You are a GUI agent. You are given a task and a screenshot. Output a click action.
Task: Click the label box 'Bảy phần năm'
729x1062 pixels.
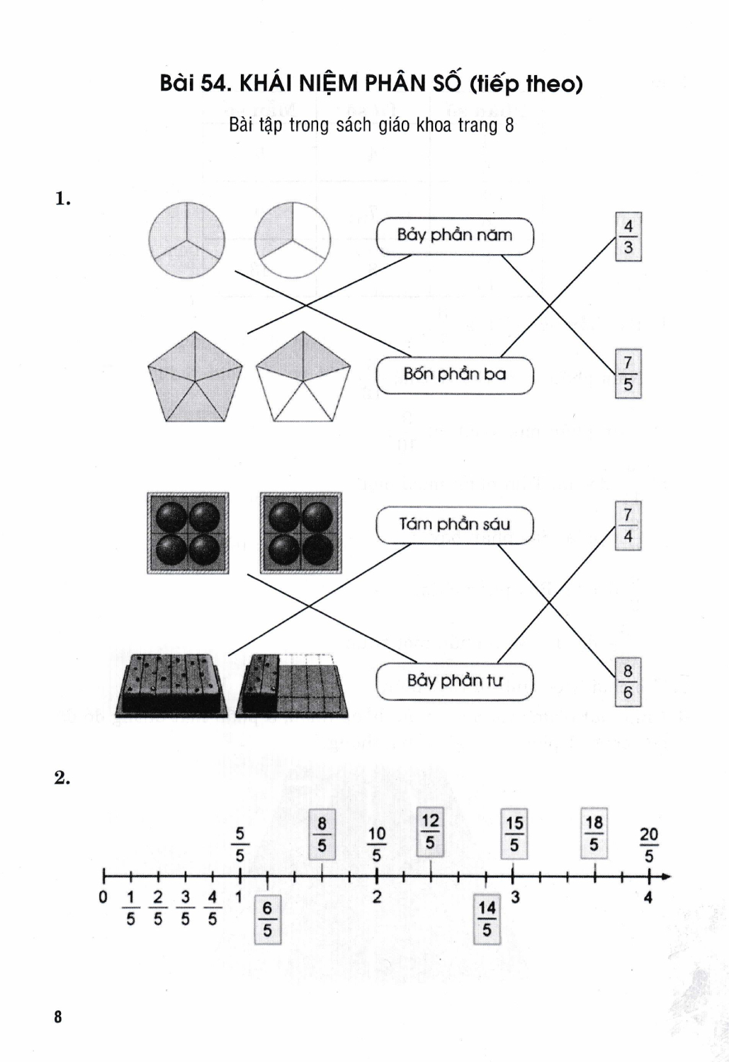coord(454,236)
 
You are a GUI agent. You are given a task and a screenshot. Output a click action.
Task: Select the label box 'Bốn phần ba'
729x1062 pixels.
coord(454,375)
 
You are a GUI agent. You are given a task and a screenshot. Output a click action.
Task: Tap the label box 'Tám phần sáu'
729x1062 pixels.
coord(454,525)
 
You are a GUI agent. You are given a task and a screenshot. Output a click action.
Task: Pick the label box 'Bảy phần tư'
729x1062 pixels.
coord(454,681)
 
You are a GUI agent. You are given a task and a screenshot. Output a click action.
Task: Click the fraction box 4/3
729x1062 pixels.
coord(628,237)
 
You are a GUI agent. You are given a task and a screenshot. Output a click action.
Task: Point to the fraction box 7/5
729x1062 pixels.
coord(628,374)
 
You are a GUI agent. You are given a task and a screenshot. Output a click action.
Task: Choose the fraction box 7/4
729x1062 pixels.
coord(628,526)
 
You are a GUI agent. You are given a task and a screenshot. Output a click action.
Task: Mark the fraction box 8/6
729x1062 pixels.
coord(628,683)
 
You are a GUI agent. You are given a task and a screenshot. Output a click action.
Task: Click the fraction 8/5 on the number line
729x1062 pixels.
coord(322,835)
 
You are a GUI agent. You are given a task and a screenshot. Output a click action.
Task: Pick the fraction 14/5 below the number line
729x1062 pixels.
coord(487,918)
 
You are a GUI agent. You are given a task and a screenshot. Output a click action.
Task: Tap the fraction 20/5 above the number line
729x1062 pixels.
coord(649,845)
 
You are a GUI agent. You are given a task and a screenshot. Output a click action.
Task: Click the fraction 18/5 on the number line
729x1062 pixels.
coord(594,833)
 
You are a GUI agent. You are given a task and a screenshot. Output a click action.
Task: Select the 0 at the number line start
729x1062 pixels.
coord(103,898)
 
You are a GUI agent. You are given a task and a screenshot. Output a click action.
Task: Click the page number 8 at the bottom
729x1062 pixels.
coord(58,1017)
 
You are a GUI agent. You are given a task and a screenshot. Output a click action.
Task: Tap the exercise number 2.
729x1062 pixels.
coord(62,778)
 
